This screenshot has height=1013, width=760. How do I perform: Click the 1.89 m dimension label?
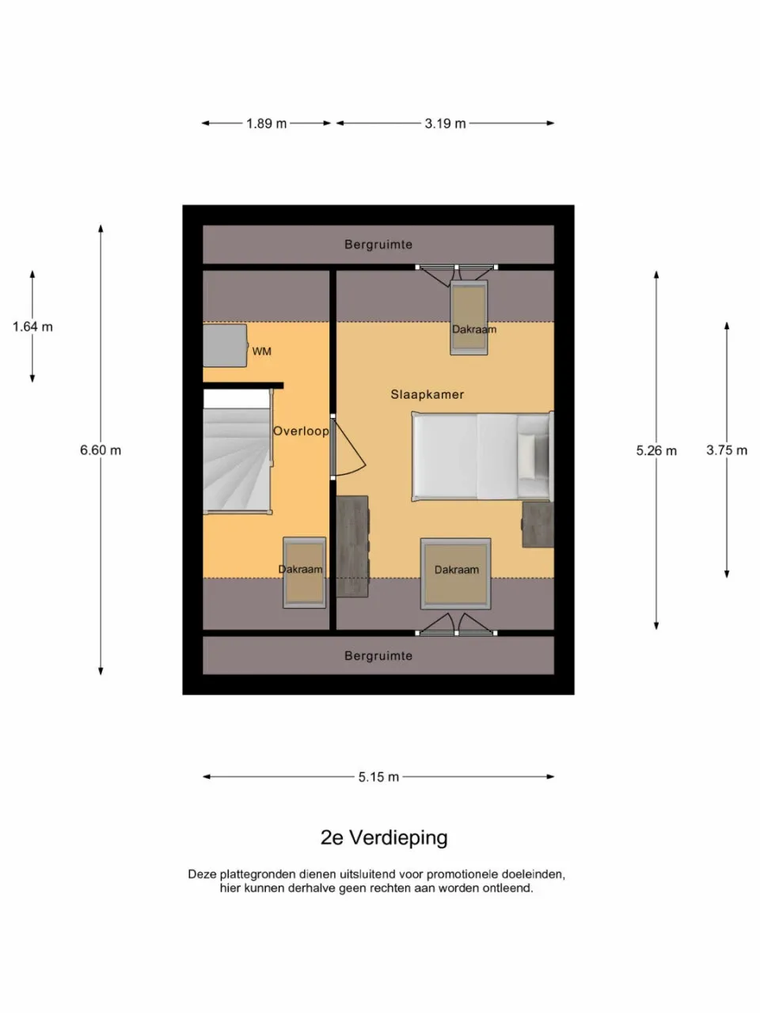(266, 123)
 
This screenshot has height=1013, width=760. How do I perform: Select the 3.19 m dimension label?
(445, 123)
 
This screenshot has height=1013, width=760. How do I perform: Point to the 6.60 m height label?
(101, 450)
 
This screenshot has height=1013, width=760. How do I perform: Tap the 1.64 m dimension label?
(32, 327)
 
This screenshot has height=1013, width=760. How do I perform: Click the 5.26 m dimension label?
(656, 450)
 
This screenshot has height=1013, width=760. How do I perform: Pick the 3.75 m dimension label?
(726, 450)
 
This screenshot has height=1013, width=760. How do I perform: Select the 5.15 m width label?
(378, 777)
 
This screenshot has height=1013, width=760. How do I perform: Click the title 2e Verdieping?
(384, 837)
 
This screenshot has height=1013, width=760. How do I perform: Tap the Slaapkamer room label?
(427, 394)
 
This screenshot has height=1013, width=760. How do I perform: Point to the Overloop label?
(301, 431)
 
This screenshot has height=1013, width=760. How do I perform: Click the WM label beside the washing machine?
(261, 351)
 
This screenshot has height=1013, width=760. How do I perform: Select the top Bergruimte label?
(378, 245)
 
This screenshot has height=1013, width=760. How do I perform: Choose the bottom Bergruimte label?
(378, 656)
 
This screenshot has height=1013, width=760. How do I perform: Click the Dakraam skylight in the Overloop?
(304, 572)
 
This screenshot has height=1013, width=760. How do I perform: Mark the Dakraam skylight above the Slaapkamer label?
(469, 318)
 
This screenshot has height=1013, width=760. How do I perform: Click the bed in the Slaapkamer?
(481, 457)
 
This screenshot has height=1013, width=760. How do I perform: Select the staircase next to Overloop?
(237, 459)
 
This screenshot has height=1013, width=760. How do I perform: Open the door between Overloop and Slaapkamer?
(347, 449)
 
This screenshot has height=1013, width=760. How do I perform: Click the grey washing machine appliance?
(225, 346)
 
